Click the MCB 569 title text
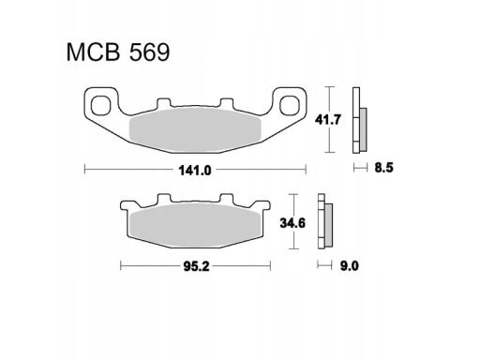(118, 52)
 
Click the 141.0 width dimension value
(195, 171)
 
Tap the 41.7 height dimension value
(327, 120)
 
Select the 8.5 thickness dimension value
(383, 168)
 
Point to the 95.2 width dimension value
(196, 266)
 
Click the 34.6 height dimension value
(292, 223)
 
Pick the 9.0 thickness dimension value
(350, 266)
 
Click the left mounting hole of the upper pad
(101, 105)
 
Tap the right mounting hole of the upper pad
(290, 105)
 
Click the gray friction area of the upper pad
(195, 129)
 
